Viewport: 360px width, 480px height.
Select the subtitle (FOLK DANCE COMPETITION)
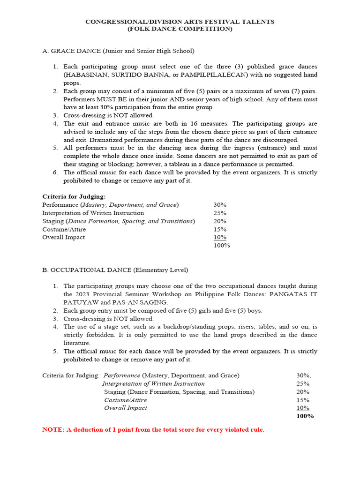click(180, 29)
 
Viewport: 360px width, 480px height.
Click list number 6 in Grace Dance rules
click(55, 172)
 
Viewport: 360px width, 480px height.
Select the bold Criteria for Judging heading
click(74, 197)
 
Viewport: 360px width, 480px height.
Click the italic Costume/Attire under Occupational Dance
click(125, 400)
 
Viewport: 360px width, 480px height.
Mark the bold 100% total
click(305, 416)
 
